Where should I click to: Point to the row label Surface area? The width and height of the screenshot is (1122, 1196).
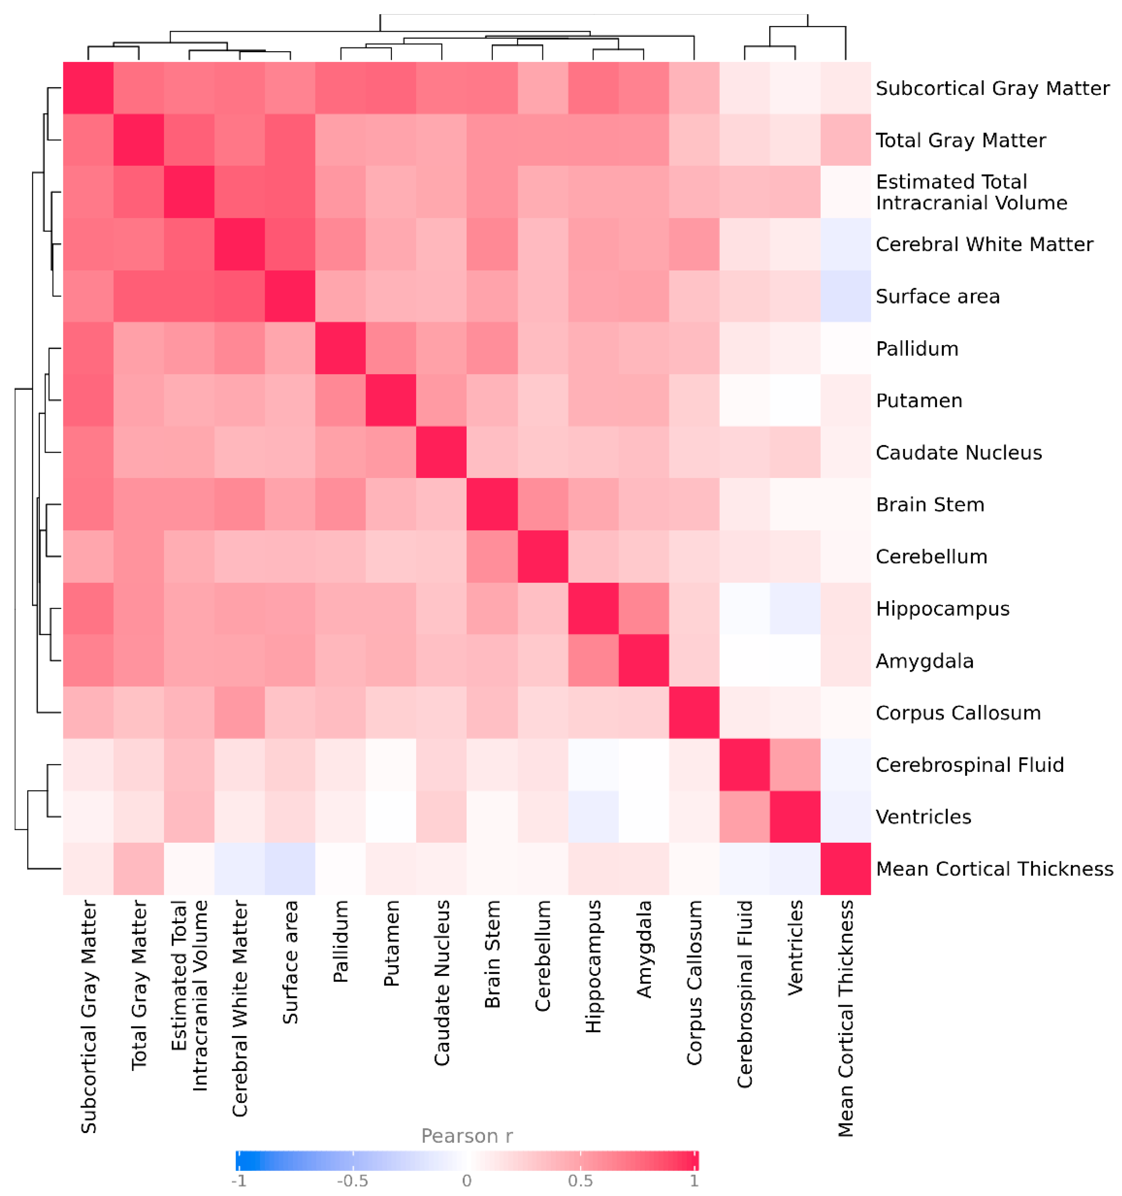coord(937,296)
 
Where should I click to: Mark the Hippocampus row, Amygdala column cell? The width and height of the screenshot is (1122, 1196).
coord(643,608)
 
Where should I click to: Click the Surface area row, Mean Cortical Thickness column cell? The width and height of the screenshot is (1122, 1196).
coord(845,296)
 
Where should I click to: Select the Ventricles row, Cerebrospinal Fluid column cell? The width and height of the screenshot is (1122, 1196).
coord(745,816)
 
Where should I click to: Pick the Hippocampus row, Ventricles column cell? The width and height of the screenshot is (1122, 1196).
coord(795,608)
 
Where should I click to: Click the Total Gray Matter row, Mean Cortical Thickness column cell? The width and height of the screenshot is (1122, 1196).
coord(845,140)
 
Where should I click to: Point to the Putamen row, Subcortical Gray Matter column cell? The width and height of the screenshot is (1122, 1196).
coord(89,400)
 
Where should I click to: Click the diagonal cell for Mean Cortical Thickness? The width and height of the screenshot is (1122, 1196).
coord(845,869)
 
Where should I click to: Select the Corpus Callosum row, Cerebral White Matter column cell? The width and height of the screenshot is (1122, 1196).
coord(240,712)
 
